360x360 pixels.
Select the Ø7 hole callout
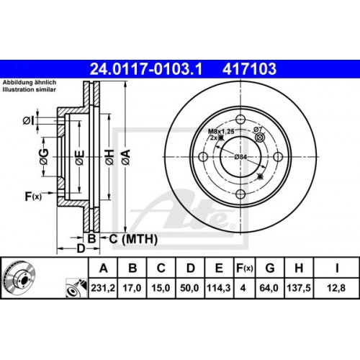(256, 129)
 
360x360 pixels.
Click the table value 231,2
(104, 289)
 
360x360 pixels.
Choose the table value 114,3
(217, 289)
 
